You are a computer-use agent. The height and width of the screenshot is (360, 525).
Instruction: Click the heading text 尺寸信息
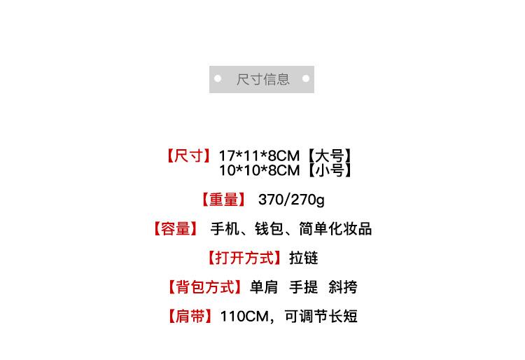(x=262, y=79)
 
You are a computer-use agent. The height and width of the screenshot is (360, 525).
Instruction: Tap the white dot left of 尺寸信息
(x=218, y=79)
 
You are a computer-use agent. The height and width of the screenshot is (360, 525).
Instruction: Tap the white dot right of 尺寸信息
(x=306, y=79)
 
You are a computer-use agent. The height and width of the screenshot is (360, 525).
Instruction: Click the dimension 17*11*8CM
(x=258, y=155)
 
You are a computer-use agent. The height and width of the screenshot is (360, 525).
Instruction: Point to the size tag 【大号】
(x=327, y=155)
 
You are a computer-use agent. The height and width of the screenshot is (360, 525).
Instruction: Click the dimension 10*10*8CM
(x=258, y=170)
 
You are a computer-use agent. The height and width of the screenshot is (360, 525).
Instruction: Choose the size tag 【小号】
(x=327, y=170)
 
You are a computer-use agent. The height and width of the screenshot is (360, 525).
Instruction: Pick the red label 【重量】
(x=224, y=200)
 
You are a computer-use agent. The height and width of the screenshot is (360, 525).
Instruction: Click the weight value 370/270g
(x=291, y=200)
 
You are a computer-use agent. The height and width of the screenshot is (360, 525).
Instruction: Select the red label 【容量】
(x=174, y=229)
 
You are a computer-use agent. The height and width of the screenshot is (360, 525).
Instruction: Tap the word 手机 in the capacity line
(x=225, y=229)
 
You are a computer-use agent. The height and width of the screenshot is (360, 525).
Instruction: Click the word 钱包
(x=269, y=229)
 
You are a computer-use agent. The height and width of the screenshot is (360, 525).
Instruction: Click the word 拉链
(x=304, y=258)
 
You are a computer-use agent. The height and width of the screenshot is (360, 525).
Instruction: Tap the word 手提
(x=304, y=287)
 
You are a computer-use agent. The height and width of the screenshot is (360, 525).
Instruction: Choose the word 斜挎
(x=342, y=287)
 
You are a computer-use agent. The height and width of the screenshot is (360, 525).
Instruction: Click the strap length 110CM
(x=244, y=317)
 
